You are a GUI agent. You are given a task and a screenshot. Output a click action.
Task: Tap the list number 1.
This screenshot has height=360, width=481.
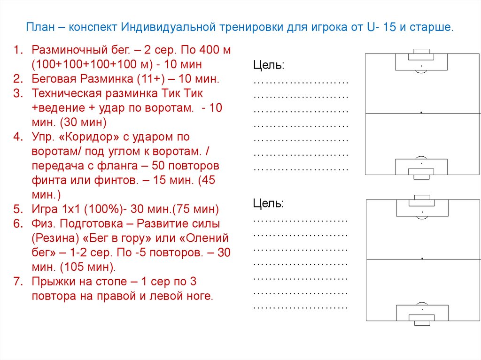[17, 50]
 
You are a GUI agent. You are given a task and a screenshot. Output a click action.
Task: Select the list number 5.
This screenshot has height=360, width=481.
[17, 209]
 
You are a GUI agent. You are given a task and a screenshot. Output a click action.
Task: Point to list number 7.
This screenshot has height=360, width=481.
[17, 282]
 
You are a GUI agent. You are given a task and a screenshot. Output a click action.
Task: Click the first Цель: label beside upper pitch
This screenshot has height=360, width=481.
[268, 65]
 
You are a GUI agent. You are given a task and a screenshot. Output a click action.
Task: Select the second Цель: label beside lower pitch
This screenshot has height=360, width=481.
[268, 203]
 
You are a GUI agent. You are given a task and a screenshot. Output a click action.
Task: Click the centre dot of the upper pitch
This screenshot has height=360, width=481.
[421, 113]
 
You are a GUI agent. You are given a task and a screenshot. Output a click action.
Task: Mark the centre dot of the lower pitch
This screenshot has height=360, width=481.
[423, 259]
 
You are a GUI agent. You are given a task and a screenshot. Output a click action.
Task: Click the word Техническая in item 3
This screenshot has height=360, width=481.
[64, 93]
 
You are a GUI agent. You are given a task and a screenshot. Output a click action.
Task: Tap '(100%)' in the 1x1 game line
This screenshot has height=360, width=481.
[104, 209]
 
